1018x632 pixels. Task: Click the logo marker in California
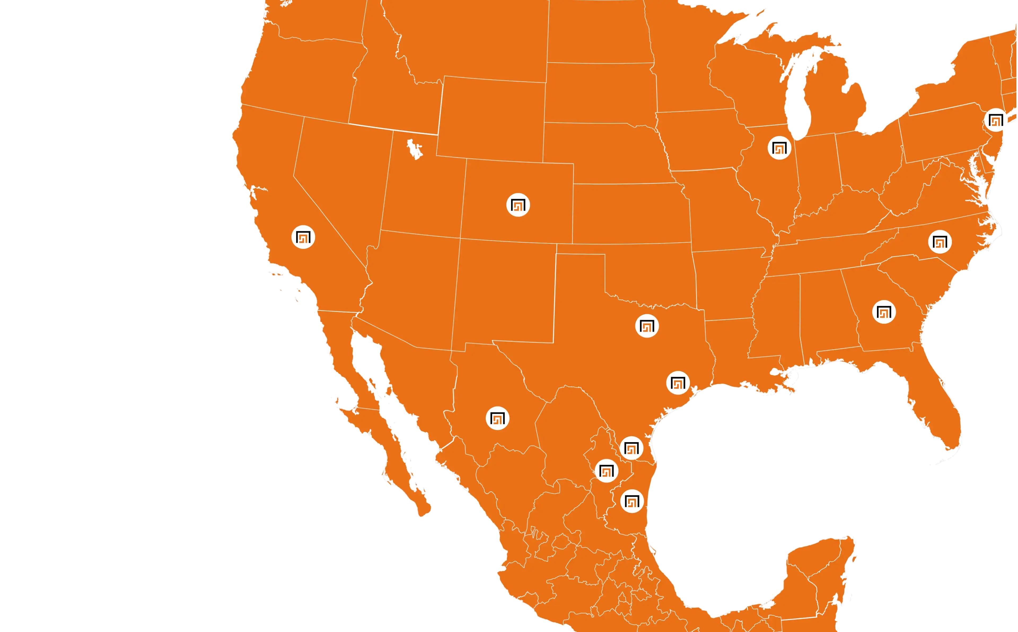click(303, 237)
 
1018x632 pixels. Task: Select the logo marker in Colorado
click(518, 205)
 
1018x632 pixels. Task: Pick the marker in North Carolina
click(939, 241)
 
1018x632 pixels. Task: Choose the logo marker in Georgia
click(884, 312)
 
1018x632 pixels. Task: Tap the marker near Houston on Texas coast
click(677, 383)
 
